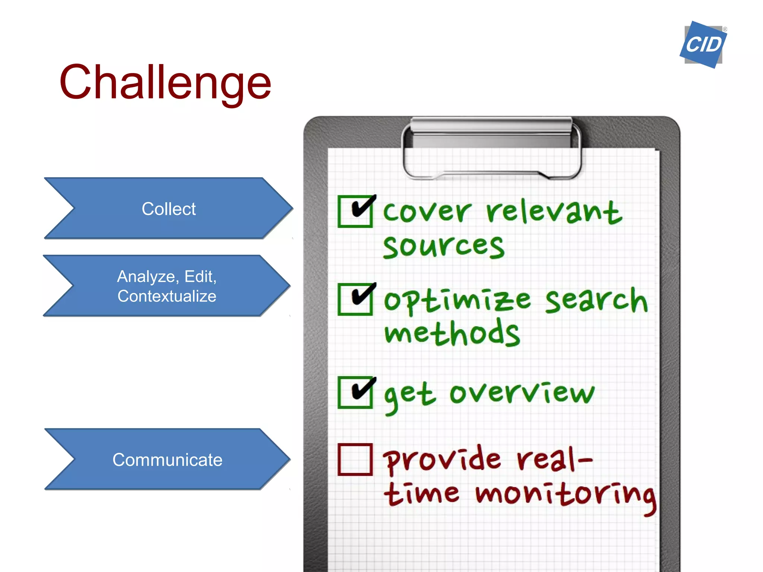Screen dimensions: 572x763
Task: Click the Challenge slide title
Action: tap(165, 82)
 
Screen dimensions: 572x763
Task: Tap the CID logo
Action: tap(703, 45)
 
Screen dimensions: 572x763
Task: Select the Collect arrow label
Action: tap(168, 209)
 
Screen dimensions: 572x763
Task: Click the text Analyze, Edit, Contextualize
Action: tap(167, 286)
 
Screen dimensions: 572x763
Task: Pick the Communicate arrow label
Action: tap(167, 460)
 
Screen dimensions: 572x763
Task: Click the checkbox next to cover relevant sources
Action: tap(355, 211)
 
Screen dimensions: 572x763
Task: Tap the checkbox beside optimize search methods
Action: tap(355, 299)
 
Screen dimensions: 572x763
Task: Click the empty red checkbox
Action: tap(355, 460)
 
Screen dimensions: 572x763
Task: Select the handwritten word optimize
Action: tap(457, 301)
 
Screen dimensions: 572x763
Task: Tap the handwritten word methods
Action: tap(452, 333)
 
